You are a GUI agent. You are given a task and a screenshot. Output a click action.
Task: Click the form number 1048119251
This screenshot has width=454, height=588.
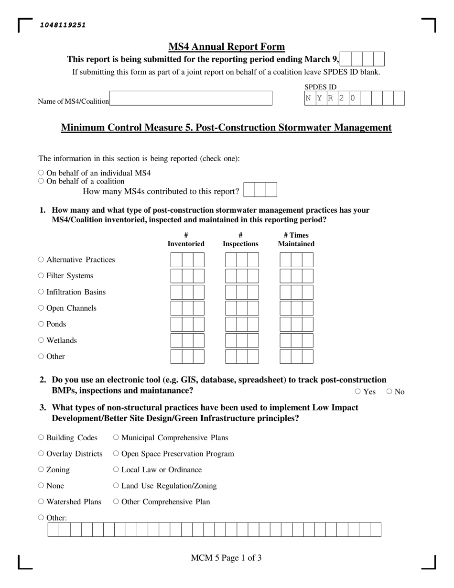[63, 25]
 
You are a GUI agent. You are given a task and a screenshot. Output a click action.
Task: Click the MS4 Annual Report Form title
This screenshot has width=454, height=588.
[227, 47]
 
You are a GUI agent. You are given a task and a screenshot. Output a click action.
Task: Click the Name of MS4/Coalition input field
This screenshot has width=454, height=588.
[190, 98]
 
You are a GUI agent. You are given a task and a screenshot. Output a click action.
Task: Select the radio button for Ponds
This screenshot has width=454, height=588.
[41, 324]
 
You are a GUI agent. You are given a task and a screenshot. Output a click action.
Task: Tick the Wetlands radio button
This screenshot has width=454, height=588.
[41, 340]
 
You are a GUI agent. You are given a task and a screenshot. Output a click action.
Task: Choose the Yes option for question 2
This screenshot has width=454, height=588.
[358, 392]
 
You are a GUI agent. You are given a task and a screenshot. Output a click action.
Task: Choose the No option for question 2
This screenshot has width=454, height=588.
[389, 392]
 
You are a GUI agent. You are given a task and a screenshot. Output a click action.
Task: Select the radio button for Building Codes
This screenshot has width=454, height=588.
[41, 437]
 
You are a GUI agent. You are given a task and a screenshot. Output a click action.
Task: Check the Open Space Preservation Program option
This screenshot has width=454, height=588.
[116, 453]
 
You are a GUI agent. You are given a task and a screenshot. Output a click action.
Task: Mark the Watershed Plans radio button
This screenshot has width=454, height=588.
[41, 501]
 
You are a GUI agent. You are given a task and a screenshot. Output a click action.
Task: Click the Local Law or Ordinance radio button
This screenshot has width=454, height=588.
[116, 469]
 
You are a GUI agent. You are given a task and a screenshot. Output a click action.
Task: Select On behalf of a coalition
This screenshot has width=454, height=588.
[41, 181]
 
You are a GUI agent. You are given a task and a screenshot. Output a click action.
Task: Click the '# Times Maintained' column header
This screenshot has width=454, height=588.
[296, 240]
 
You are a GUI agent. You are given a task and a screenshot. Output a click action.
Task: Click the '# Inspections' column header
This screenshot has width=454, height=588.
[240, 240]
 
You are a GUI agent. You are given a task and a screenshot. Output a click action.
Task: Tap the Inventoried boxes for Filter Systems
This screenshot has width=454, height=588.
[187, 276]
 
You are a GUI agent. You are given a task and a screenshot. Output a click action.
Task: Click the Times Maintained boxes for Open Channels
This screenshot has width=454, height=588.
[296, 308]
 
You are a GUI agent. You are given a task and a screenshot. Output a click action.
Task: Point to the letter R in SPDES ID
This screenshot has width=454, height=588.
[330, 98]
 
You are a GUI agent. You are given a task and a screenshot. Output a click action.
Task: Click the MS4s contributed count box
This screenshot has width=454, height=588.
[260, 190]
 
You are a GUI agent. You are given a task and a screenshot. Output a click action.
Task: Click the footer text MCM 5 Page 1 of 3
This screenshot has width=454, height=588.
[226, 558]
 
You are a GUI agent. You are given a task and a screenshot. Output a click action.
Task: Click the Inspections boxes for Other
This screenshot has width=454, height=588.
[242, 357]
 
